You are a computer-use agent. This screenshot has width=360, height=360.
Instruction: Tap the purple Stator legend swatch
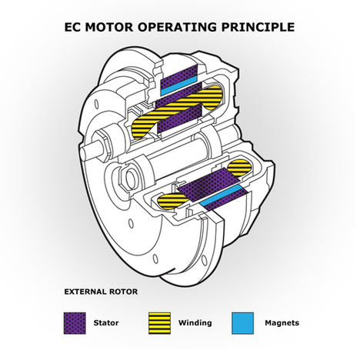coord(74,322)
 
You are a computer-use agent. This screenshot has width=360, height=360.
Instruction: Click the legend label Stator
coord(106,323)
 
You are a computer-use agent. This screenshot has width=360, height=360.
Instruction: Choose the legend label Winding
coord(194,323)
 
